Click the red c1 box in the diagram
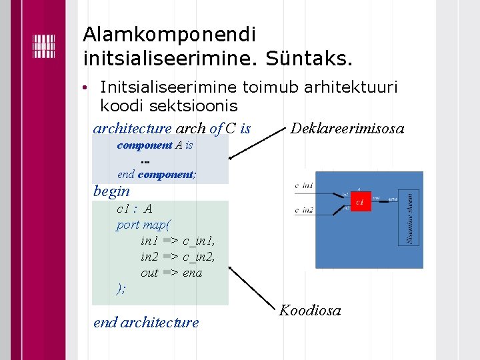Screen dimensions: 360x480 (x=361, y=201)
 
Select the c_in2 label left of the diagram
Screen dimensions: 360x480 (x=304, y=210)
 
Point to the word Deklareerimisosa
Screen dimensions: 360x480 (x=347, y=128)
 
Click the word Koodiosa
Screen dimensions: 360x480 (x=310, y=310)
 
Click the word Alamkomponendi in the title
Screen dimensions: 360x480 (x=169, y=33)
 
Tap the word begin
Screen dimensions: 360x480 (x=112, y=191)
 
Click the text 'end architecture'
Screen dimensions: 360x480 (x=146, y=323)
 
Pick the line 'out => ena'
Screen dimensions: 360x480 (x=171, y=273)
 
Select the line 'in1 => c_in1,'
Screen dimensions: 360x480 (x=177, y=241)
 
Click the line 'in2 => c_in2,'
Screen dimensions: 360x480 (x=177, y=257)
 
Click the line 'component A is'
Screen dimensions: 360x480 (x=155, y=145)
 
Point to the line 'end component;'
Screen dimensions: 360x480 (x=157, y=175)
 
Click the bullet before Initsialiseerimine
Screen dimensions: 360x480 (x=86, y=88)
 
